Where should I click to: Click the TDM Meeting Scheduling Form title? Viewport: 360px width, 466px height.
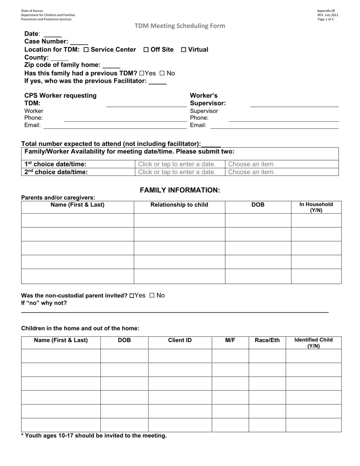(180, 26)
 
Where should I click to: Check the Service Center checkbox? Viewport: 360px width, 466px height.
(86, 50)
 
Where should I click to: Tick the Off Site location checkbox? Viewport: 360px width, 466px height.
(146, 50)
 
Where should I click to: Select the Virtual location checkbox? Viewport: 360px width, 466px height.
(184, 50)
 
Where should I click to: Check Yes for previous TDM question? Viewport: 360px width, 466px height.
(142, 73)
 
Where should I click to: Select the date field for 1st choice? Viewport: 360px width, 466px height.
(177, 164)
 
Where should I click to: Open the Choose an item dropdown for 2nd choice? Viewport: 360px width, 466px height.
(252, 172)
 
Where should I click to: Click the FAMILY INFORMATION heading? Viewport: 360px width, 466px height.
(180, 190)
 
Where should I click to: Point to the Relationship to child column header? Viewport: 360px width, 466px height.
(179, 205)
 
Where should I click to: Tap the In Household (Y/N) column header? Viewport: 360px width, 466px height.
(316, 207)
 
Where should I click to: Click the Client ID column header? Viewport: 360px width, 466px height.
(180, 340)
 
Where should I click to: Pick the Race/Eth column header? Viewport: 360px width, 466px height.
(267, 340)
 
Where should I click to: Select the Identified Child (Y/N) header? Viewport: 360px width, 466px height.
(313, 342)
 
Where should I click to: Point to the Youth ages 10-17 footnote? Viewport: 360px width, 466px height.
(94, 436)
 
